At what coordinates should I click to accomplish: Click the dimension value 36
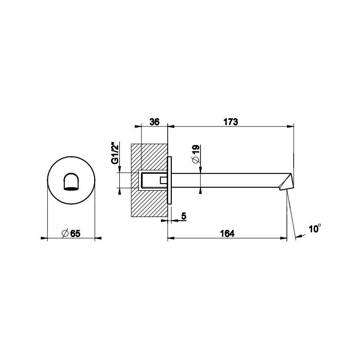click(154, 122)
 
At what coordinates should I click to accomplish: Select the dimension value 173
click(231, 122)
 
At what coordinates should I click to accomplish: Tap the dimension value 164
click(227, 233)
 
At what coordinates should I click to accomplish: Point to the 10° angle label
click(315, 228)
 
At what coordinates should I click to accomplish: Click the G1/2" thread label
click(115, 154)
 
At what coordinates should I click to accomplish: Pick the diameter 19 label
click(196, 154)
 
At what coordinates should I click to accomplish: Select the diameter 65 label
click(71, 233)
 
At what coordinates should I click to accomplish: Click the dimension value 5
click(184, 216)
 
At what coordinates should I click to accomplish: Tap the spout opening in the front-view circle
click(71, 182)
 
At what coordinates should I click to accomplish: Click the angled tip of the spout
click(287, 182)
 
